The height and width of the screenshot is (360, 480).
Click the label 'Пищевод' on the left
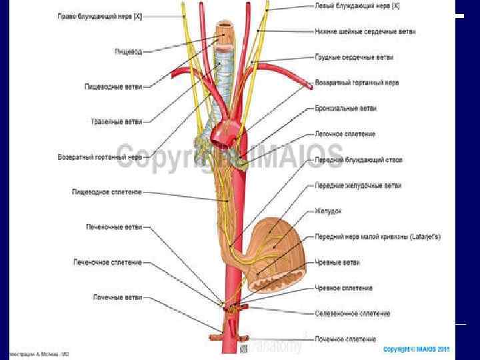coord(127,50)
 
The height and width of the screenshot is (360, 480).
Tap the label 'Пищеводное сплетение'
coord(107,192)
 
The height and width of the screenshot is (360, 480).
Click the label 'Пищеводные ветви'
coord(114,86)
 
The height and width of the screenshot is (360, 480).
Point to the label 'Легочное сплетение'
coord(345,134)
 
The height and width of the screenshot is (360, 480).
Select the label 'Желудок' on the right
coord(328,211)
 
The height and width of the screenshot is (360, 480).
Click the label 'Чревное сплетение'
coord(344,288)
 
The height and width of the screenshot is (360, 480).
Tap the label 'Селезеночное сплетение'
coord(352,313)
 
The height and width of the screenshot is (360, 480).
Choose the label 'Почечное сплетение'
coord(345,339)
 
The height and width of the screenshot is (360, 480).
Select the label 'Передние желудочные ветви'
coord(358,185)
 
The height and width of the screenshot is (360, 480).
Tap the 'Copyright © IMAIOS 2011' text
coord(417,349)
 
